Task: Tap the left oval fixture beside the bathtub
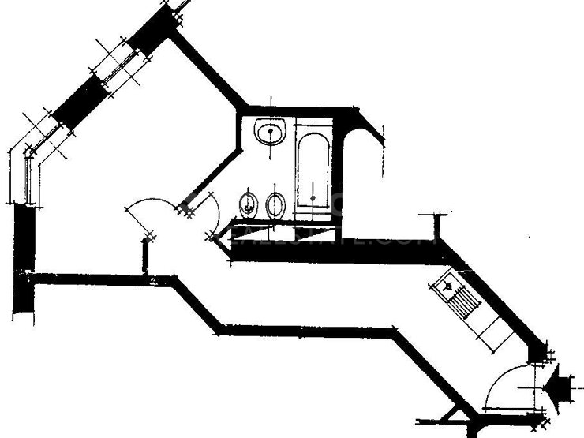click(248, 205)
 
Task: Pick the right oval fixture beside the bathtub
click(276, 205)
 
